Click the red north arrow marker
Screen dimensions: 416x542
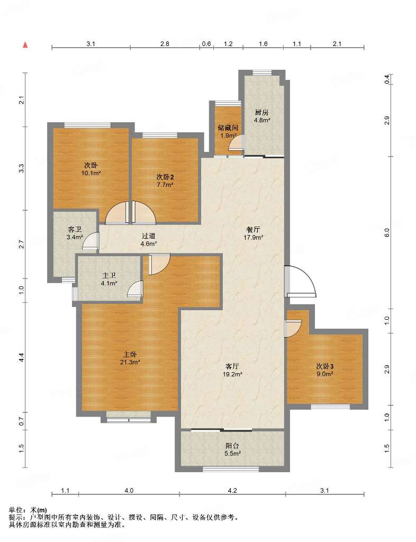pyautogui.click(x=25, y=44)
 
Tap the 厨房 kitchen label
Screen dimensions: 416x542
pyautogui.click(x=262, y=112)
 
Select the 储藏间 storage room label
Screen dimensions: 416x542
pyautogui.click(x=228, y=128)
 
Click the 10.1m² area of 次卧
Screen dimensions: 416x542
pyautogui.click(x=91, y=173)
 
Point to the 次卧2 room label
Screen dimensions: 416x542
pyautogui.click(x=165, y=177)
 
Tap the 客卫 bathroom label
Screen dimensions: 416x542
pyautogui.click(x=75, y=230)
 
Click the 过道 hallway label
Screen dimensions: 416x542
pyautogui.click(x=149, y=236)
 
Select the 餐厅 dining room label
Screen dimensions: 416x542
pyautogui.click(x=254, y=230)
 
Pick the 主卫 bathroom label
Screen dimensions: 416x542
pyautogui.click(x=109, y=276)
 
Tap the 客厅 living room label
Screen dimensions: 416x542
pyautogui.click(x=232, y=366)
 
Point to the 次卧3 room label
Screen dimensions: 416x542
pyautogui.click(x=324, y=366)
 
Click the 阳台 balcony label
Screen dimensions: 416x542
pyautogui.click(x=232, y=446)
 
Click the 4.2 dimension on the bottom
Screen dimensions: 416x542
pyautogui.click(x=232, y=490)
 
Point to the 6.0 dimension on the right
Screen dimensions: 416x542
pyautogui.click(x=387, y=233)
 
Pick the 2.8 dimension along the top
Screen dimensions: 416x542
pyautogui.click(x=165, y=44)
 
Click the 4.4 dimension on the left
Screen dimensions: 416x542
pyautogui.click(x=21, y=357)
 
